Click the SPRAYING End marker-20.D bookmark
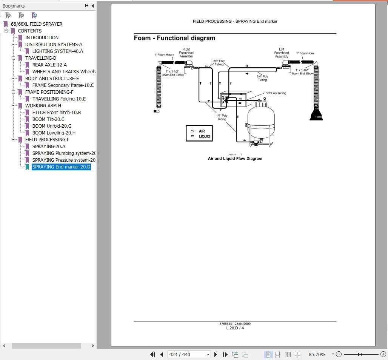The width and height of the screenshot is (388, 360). (61, 167)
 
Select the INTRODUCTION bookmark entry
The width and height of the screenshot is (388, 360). (42, 38)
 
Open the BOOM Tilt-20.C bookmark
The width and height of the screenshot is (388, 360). (48, 119)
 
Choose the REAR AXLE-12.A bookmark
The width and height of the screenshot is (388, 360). (49, 65)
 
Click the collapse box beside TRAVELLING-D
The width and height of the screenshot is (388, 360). (13, 58)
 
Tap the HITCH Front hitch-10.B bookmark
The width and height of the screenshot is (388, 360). (56, 113)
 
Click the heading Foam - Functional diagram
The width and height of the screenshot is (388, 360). (174, 38)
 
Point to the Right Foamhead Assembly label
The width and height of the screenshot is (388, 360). (186, 53)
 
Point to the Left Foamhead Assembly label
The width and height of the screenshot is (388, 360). (281, 53)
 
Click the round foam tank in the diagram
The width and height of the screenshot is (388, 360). (261, 121)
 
